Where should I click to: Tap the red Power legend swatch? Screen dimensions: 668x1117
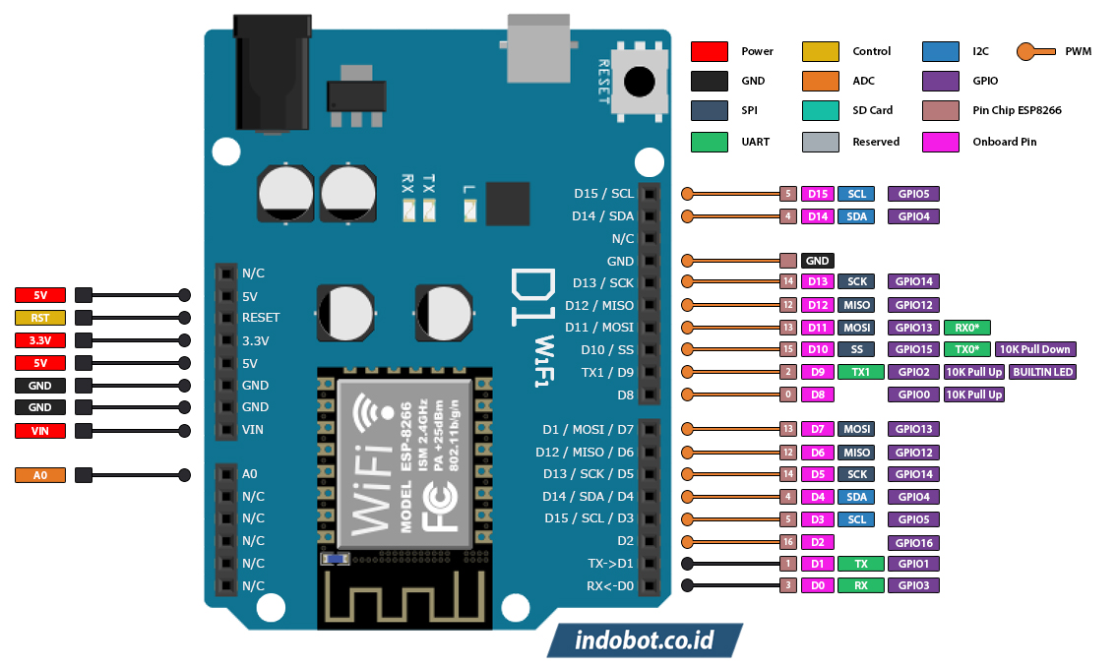(x=709, y=51)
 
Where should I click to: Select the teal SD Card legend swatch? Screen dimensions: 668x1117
(x=820, y=111)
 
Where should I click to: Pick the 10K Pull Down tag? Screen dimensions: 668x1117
(x=1034, y=349)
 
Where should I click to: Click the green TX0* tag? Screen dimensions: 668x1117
(x=966, y=349)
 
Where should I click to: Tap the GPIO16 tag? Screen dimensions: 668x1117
(x=913, y=542)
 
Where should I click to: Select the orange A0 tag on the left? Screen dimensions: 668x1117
(x=39, y=475)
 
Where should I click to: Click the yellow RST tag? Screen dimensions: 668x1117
(x=39, y=318)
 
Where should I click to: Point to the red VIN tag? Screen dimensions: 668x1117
(x=39, y=431)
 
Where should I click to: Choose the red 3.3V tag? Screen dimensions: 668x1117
(x=39, y=340)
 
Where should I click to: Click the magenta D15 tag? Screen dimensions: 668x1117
(x=818, y=194)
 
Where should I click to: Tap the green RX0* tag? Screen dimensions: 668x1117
(x=966, y=327)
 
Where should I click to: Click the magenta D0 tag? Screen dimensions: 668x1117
(x=818, y=585)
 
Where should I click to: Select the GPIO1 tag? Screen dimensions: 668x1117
(x=913, y=564)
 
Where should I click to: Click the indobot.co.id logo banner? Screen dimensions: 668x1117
(x=645, y=640)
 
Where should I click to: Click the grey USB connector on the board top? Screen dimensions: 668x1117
(x=538, y=48)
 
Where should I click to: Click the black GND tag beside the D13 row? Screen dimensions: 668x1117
(x=818, y=261)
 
